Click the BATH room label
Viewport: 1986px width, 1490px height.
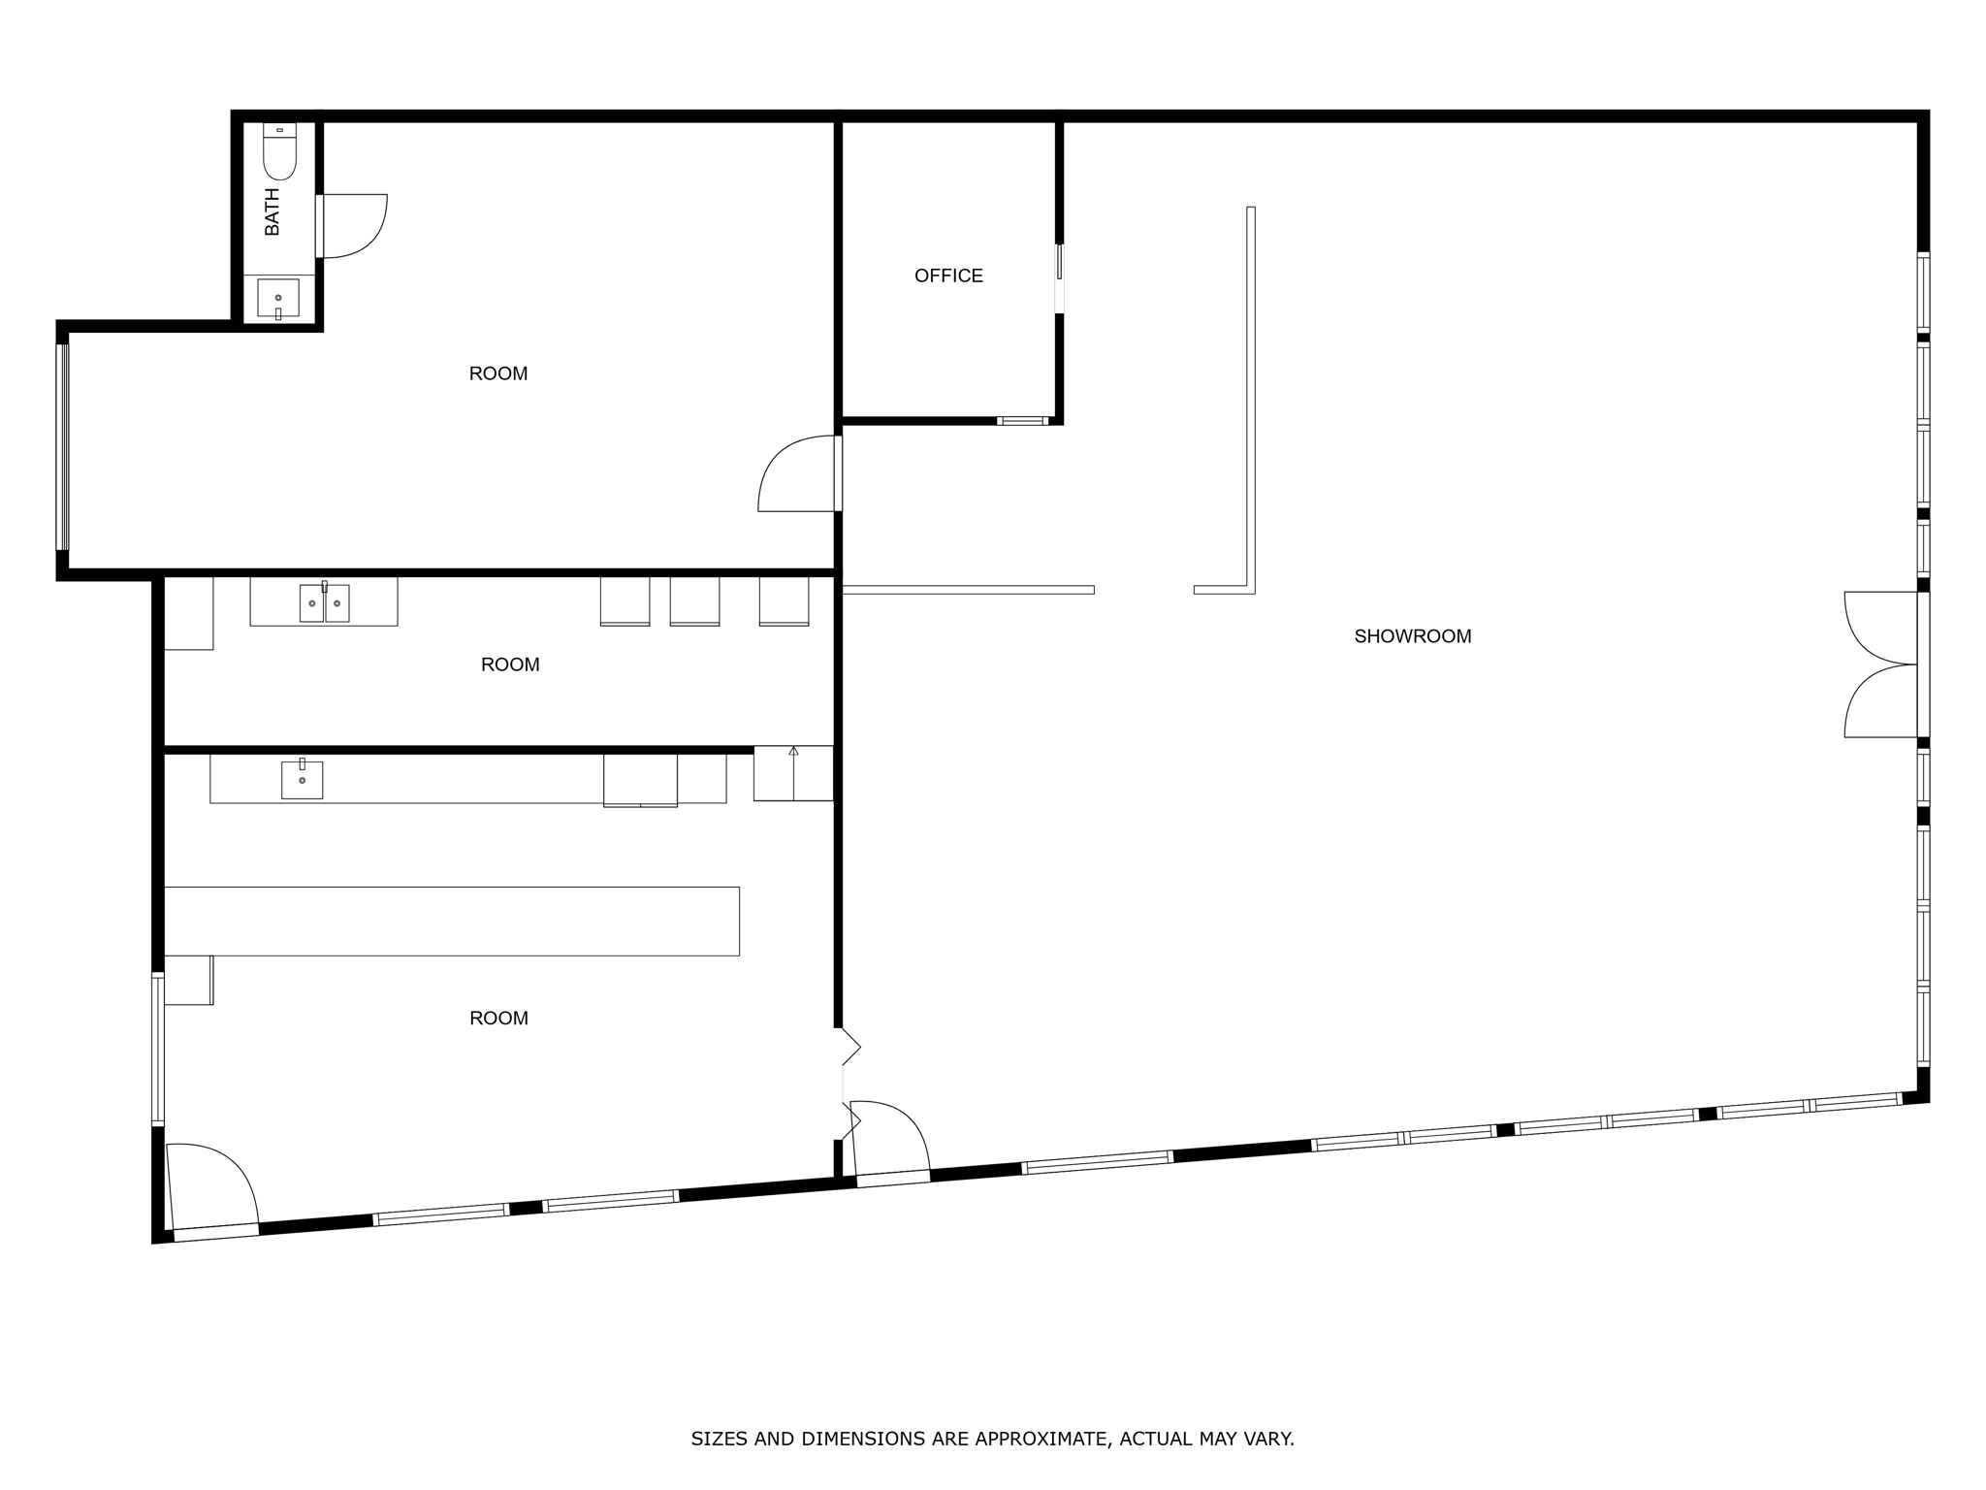tap(272, 212)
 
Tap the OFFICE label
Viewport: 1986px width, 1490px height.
tap(948, 276)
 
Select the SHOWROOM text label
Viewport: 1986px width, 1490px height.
tap(1412, 636)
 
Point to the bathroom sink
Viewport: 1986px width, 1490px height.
tap(278, 298)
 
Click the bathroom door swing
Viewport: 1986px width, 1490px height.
tap(354, 226)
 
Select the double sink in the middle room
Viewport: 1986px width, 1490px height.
tap(324, 602)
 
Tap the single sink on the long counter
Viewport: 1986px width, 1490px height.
tap(302, 779)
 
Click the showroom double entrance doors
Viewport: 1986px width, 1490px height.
tap(1881, 664)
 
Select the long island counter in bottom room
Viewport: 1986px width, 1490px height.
tap(451, 921)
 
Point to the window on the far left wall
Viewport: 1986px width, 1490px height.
tap(63, 446)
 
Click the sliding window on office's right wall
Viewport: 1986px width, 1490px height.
tap(1059, 278)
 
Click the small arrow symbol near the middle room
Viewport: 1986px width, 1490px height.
tap(793, 751)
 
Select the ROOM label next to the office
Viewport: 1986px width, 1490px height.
tap(498, 373)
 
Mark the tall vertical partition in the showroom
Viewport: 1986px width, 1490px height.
tap(1251, 398)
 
